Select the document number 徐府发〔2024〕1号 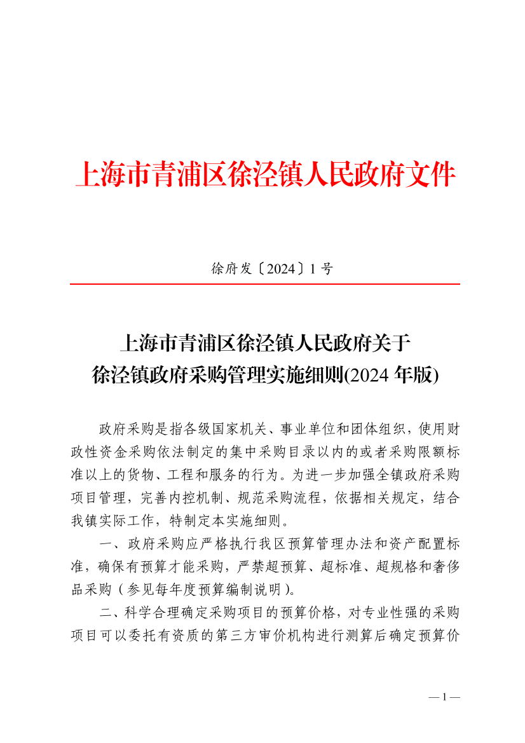[x=271, y=269]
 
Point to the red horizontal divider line [x=264, y=284]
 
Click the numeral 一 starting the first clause [x=106, y=542]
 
